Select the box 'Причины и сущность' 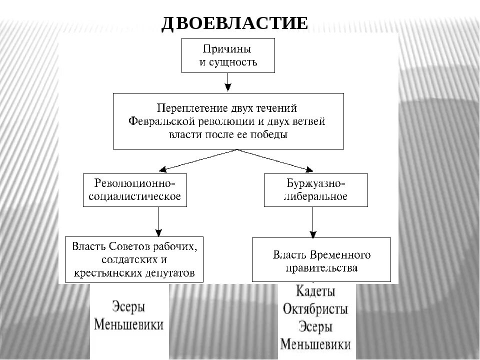point(228,56)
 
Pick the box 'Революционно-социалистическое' point(135,190)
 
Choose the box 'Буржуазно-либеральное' point(315,190)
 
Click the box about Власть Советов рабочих point(134,259)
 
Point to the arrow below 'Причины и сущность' point(228,82)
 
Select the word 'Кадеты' point(315,291)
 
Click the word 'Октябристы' point(315,308)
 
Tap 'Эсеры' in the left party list point(129,306)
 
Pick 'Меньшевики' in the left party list point(129,325)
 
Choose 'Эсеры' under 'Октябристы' point(315,326)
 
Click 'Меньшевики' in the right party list point(315,344)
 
